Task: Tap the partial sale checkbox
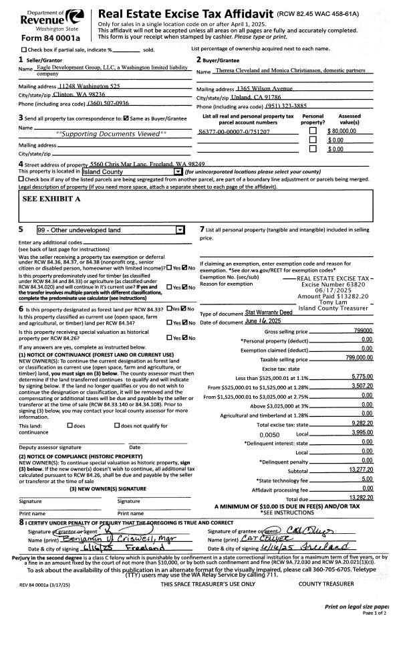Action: click(x=25, y=50)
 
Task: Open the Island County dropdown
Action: click(x=178, y=172)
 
